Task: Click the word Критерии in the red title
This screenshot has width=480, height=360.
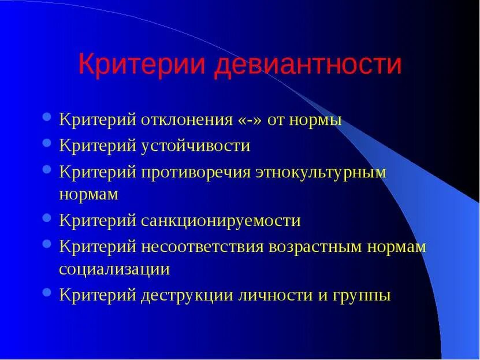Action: click(142, 64)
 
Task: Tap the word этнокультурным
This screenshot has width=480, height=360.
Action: click(321, 172)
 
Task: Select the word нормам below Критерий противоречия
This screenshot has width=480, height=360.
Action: click(88, 194)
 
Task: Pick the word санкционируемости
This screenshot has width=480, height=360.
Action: click(221, 220)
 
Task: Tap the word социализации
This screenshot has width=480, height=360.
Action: click(114, 269)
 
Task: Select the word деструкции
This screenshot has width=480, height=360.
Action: click(186, 295)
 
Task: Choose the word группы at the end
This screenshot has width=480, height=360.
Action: click(360, 295)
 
